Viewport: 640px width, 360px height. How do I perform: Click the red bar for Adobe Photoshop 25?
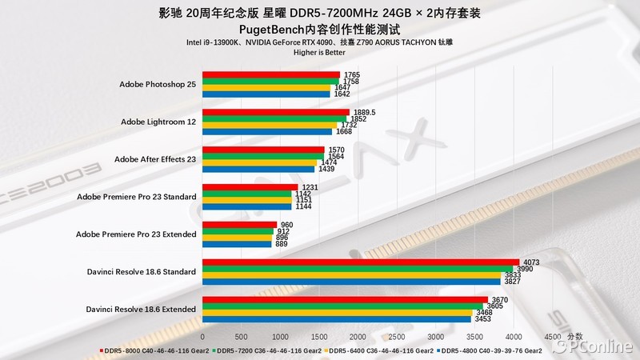(271, 74)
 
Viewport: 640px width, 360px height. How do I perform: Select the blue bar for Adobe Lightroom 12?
(267, 132)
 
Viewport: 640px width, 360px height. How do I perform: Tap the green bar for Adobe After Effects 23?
(263, 156)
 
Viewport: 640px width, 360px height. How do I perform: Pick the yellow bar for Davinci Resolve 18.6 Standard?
(352, 274)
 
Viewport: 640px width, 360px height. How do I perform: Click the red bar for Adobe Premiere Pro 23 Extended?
(240, 225)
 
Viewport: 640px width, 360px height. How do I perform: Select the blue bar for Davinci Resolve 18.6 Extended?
(337, 319)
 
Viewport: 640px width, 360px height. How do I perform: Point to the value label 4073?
(531, 262)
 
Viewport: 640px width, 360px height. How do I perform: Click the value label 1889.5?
(365, 113)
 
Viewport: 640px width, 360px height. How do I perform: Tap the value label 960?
(286, 225)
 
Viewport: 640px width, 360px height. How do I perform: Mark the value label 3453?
(482, 319)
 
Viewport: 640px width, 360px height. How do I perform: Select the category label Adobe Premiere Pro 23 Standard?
(136, 197)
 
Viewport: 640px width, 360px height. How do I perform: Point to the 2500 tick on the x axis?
(397, 336)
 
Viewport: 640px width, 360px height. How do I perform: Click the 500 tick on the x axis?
(242, 336)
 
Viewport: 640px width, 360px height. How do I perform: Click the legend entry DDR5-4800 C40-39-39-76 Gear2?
(492, 350)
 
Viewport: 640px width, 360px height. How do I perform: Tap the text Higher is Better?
(319, 54)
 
